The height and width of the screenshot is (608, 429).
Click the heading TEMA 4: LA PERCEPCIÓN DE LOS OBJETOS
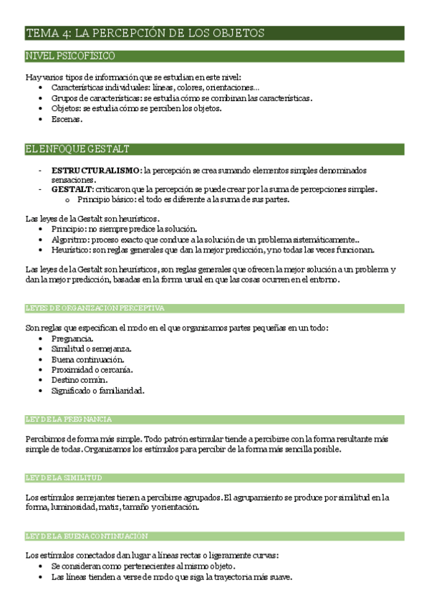[x=145, y=33]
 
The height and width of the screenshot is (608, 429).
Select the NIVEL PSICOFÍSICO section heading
[x=70, y=56]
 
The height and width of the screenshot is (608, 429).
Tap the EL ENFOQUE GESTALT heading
[x=77, y=149]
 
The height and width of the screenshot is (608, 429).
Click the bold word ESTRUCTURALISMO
[x=96, y=171]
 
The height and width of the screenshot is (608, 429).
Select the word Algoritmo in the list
[x=70, y=239]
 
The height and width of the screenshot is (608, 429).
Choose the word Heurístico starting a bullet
[x=70, y=250]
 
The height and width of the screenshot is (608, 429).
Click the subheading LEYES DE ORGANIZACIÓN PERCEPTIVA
[x=95, y=308]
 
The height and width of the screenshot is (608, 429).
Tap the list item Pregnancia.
[x=72, y=338]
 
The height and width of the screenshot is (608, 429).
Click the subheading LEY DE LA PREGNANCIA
[x=68, y=419]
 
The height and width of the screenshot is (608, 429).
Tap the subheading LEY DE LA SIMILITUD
[x=64, y=478]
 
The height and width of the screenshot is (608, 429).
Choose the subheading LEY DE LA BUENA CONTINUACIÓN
[x=87, y=536]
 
